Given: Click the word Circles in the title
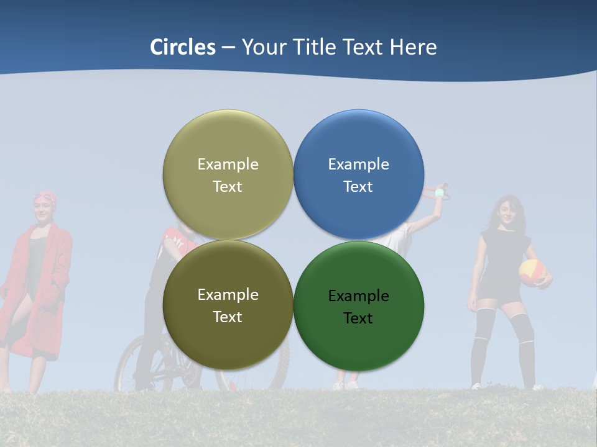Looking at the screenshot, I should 183,47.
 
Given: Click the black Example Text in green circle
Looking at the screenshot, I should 358,307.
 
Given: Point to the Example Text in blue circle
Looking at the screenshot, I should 358,175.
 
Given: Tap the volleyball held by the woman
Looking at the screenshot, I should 532,272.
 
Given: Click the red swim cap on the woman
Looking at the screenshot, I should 45,197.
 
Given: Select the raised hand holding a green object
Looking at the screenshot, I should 439,191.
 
